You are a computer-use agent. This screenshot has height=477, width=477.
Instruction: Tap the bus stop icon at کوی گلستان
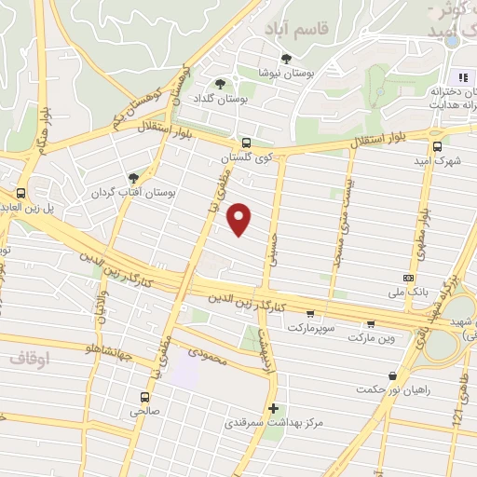[246, 143]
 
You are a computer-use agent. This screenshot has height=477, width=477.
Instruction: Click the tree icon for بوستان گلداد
[220, 83]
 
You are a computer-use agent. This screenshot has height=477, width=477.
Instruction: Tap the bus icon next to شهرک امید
[436, 145]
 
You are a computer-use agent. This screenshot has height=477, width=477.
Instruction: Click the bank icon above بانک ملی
[408, 278]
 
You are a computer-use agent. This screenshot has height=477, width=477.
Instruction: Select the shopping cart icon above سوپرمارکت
[309, 314]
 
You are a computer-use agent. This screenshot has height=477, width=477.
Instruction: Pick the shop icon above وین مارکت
[371, 324]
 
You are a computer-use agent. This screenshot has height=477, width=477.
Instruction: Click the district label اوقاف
[29, 357]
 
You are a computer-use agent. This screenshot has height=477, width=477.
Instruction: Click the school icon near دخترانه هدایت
[462, 76]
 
